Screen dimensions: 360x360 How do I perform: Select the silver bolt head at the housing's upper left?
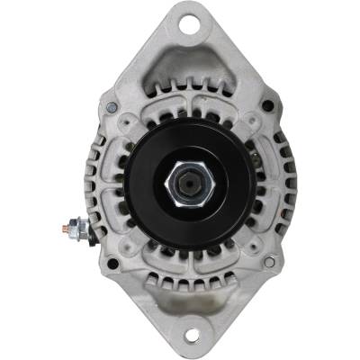112,108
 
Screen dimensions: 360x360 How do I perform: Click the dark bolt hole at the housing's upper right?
267,106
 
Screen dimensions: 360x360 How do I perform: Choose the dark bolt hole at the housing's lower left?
112,264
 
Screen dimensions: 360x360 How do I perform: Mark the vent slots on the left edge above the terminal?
93,171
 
